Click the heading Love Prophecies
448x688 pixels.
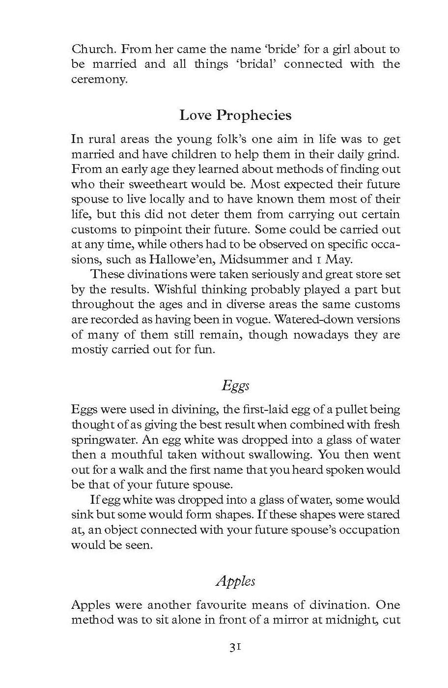click(x=235, y=115)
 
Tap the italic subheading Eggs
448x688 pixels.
click(x=235, y=386)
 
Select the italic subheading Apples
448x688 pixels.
click(x=235, y=581)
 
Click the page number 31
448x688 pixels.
click(x=235, y=648)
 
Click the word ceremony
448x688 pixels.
click(x=99, y=80)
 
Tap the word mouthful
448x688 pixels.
click(x=137, y=455)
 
